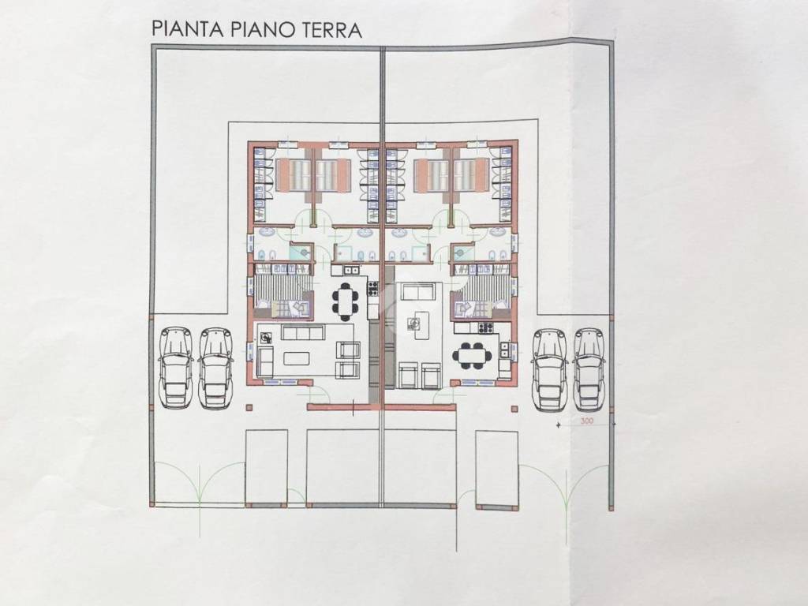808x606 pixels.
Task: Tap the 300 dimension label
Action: [x=586, y=422]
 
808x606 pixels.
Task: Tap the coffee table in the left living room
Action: [x=297, y=358]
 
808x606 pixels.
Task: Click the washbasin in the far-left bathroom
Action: [x=266, y=233]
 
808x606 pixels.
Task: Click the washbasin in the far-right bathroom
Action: [x=497, y=233]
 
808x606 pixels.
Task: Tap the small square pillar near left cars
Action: [x=249, y=408]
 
